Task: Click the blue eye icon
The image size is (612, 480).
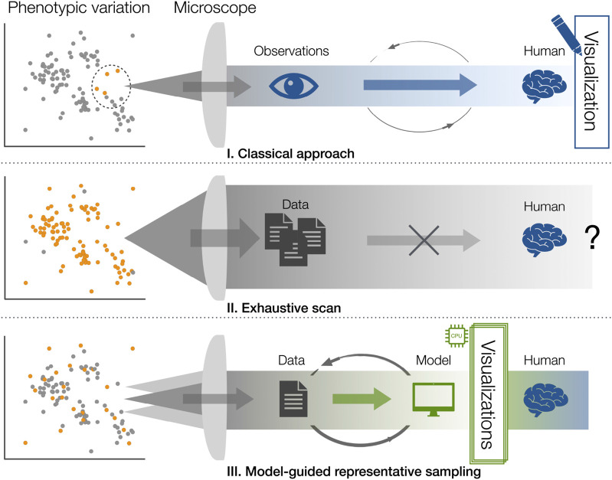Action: (x=293, y=85)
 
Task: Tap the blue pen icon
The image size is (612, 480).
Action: (x=566, y=34)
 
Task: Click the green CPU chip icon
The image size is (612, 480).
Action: (x=457, y=335)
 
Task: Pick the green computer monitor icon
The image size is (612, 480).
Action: (x=434, y=399)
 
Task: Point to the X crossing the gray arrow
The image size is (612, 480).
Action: (x=424, y=240)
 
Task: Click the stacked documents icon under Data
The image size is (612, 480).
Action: (x=295, y=239)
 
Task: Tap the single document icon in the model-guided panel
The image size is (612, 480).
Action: (x=293, y=399)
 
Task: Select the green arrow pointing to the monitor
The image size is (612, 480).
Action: (x=362, y=399)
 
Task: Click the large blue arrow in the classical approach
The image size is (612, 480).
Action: (x=421, y=85)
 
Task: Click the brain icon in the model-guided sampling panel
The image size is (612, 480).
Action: (x=545, y=400)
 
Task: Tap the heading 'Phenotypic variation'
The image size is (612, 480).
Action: (x=79, y=8)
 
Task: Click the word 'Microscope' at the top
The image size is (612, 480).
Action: (x=215, y=8)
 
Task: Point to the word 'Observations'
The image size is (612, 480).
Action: (x=291, y=51)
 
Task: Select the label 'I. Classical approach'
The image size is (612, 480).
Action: (x=291, y=153)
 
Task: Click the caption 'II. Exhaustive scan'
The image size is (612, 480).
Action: (x=283, y=308)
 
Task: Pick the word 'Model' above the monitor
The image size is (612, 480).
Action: (x=434, y=360)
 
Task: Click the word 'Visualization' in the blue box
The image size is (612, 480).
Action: (x=590, y=81)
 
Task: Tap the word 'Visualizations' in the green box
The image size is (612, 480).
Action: (x=487, y=394)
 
